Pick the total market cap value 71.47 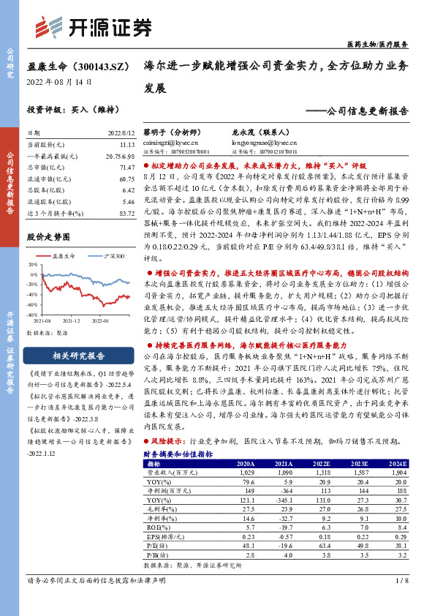[121, 168]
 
